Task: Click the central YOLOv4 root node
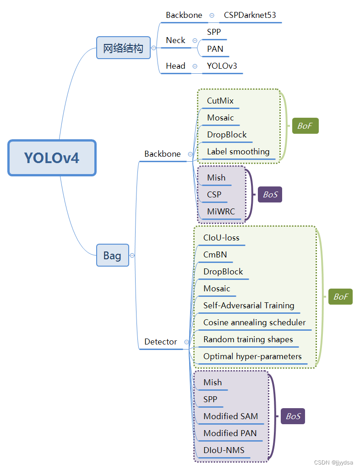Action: click(x=52, y=158)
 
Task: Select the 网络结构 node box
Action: click(x=123, y=48)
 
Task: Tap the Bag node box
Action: click(x=112, y=255)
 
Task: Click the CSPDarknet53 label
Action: click(x=250, y=15)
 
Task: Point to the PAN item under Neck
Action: click(x=215, y=49)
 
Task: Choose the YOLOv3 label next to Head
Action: click(x=222, y=66)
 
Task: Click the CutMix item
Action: click(x=220, y=101)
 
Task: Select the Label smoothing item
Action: click(x=238, y=152)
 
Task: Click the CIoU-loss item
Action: click(x=221, y=238)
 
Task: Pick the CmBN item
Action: click(x=215, y=255)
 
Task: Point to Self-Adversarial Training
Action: click(x=249, y=306)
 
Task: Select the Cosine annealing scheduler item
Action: click(x=254, y=322)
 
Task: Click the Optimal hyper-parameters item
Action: click(x=252, y=356)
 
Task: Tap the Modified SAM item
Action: click(x=230, y=416)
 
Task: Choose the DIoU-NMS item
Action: click(x=224, y=450)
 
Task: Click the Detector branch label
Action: click(x=160, y=342)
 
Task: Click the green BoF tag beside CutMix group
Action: click(x=305, y=126)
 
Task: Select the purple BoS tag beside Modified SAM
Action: click(x=293, y=416)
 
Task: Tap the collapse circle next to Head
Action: click(x=195, y=66)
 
